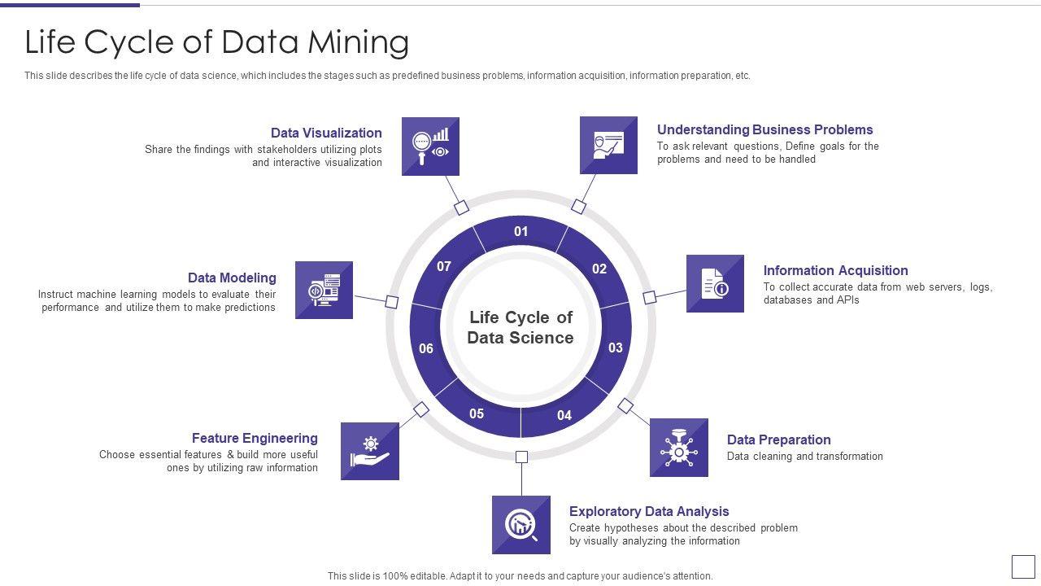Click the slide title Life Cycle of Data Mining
[216, 42]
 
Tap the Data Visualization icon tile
[430, 146]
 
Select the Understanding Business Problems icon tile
[608, 145]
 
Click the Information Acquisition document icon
[715, 283]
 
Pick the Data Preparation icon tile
[679, 448]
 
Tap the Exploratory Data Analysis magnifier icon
[521, 525]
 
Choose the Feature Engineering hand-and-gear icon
[370, 451]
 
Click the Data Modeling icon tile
[324, 290]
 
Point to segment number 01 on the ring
[521, 231]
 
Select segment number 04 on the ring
[564, 415]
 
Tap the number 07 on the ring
[444, 266]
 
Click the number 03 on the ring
[616, 348]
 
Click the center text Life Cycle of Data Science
[520, 327]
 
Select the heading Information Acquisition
[835, 270]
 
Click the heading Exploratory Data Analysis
[649, 511]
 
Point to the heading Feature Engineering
[255, 438]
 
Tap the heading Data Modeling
[232, 278]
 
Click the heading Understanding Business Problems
[764, 129]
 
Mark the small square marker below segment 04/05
[522, 457]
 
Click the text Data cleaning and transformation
[804, 457]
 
